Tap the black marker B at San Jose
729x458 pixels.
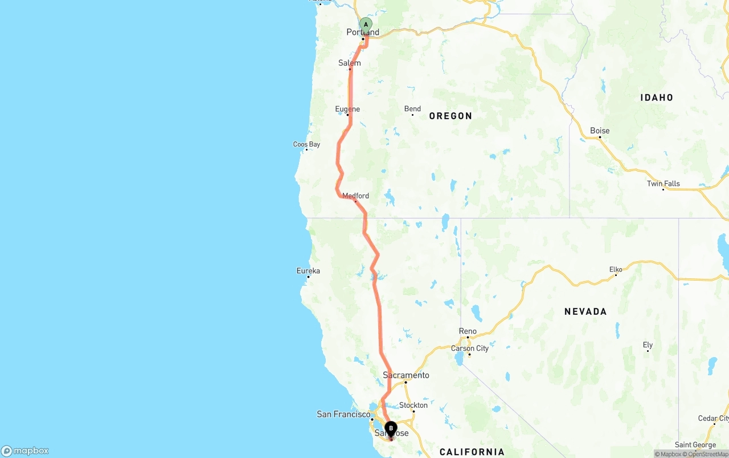tap(391, 428)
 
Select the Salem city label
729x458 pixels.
tap(350, 63)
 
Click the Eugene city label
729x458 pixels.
tap(347, 109)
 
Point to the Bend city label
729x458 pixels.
tap(412, 109)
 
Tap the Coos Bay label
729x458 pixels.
tap(306, 144)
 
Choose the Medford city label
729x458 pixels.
tap(355, 196)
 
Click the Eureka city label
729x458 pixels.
tap(308, 271)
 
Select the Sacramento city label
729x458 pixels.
tap(406, 375)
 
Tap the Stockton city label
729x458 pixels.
tap(413, 406)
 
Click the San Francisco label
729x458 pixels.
tap(343, 414)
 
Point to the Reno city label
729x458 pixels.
tap(468, 331)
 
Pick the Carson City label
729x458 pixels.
tap(470, 348)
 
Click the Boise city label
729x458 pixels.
tap(600, 131)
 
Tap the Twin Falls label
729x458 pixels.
tap(664, 184)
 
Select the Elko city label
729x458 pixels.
tap(616, 269)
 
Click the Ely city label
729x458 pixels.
tap(648, 345)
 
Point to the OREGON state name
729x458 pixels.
tap(450, 116)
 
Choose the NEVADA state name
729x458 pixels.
tap(585, 311)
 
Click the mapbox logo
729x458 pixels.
tap(25, 451)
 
